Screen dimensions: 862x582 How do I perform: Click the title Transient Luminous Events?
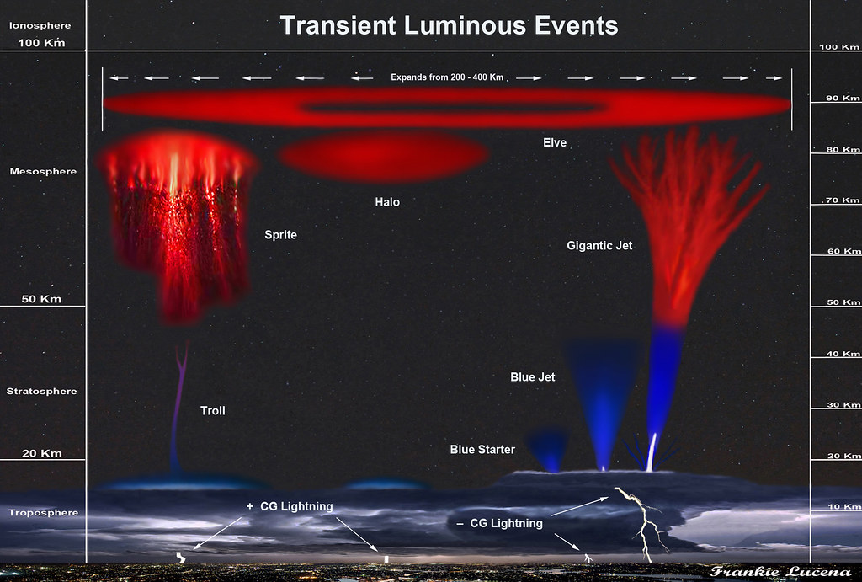(x=450, y=25)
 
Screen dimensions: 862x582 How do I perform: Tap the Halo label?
(x=387, y=202)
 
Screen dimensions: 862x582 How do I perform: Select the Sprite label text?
(x=280, y=235)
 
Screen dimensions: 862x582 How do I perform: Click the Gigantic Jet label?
(x=599, y=245)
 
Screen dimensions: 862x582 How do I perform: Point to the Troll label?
(x=213, y=410)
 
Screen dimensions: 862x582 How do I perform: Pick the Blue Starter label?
(x=482, y=450)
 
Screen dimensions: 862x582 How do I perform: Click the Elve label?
(x=555, y=142)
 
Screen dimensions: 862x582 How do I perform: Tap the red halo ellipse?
(x=383, y=156)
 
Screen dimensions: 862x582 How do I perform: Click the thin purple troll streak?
(x=178, y=407)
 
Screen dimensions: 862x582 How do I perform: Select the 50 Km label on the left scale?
(x=41, y=299)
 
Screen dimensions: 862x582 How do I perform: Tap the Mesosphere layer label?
(x=43, y=171)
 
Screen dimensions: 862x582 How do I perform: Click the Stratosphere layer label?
(x=42, y=391)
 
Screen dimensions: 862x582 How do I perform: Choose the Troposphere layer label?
(x=44, y=513)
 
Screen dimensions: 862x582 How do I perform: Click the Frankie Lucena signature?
(x=780, y=572)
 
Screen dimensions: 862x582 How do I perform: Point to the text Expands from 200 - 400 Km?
(x=447, y=77)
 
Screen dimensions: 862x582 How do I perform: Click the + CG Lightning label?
(x=290, y=506)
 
